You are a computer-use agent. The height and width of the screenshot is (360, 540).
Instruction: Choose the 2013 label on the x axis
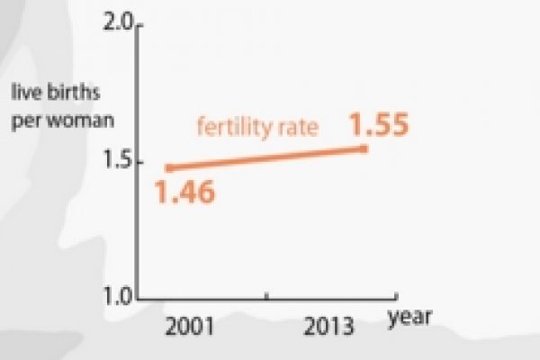[328, 325]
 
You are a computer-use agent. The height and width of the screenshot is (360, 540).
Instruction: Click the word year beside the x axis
[411, 316]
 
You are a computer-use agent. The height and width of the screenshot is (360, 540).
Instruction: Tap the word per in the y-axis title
[26, 120]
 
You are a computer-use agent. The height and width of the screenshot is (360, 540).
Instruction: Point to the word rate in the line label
[299, 128]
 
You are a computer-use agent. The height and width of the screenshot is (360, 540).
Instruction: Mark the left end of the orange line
[168, 167]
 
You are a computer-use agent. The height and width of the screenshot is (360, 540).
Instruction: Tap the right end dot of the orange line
[364, 148]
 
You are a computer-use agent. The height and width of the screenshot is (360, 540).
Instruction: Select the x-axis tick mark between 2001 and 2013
[266, 295]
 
